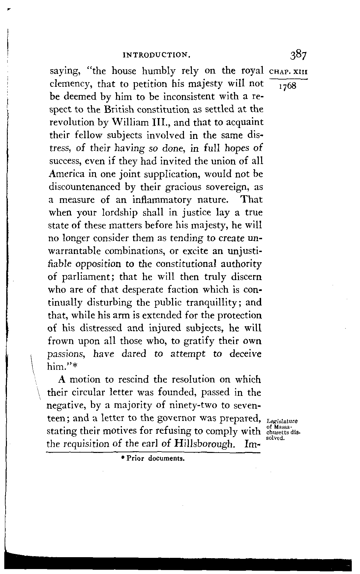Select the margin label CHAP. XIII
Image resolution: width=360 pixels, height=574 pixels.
click(x=288, y=72)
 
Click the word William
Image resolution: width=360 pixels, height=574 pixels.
click(x=124, y=122)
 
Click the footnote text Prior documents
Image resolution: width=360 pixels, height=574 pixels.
click(x=152, y=459)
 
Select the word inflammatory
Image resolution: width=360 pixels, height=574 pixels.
click(x=161, y=200)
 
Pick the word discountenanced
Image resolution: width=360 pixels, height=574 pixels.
click(x=84, y=187)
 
